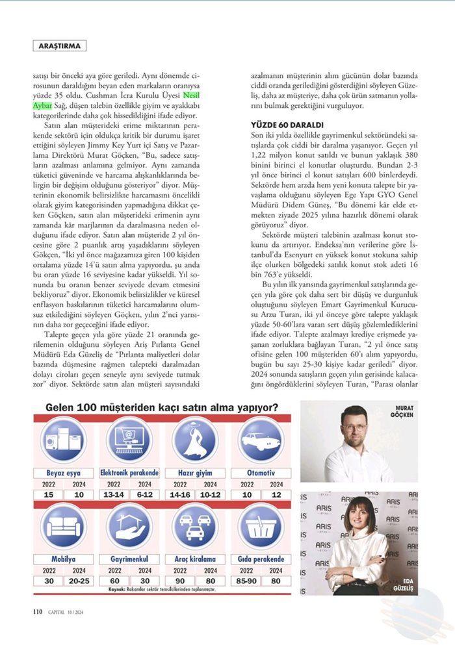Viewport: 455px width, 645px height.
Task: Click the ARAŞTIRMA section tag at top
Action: [58, 46]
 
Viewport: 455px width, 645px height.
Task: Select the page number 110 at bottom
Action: [38, 611]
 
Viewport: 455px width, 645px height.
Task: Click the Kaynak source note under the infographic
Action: [162, 589]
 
